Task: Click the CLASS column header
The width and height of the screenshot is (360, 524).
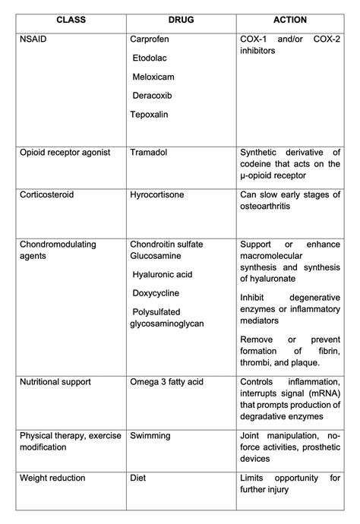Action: (70, 19)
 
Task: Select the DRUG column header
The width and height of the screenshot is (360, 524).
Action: (181, 19)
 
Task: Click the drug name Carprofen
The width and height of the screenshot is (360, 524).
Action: (150, 38)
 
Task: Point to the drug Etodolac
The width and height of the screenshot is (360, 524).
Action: (152, 57)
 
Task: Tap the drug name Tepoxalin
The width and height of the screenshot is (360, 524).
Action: (150, 114)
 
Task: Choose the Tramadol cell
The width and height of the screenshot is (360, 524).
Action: (149, 153)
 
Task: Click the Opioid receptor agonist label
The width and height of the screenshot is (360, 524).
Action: (65, 153)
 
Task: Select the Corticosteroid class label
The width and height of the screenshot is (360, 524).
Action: (47, 194)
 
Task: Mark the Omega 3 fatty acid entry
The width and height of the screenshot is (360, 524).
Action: (166, 381)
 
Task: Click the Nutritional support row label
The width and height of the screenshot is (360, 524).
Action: (56, 381)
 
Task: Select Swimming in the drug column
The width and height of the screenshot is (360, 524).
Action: (150, 436)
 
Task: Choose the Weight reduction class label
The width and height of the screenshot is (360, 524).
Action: (52, 478)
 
